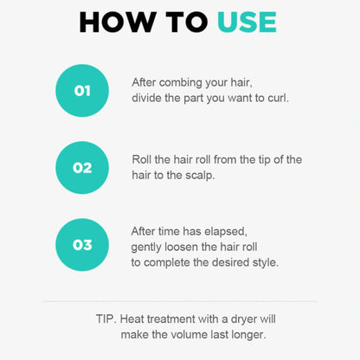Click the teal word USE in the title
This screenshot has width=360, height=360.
(247, 22)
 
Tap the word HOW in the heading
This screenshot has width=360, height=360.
(117, 22)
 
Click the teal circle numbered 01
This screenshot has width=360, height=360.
(82, 91)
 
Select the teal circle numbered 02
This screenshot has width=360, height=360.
(82, 168)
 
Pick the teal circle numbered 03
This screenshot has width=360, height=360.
(82, 245)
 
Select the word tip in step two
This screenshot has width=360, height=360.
(264, 160)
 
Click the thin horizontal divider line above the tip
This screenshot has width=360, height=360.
(180, 301)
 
